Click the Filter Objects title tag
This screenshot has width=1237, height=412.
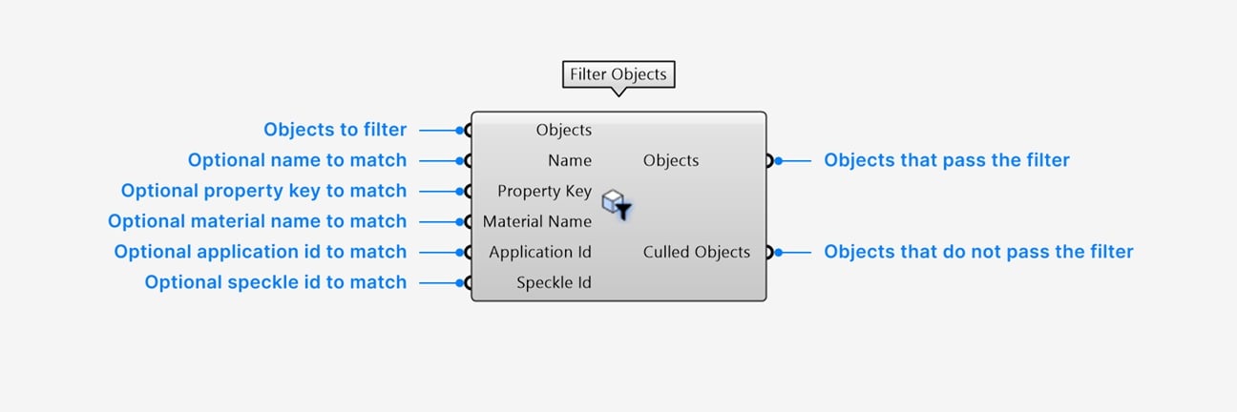click(618, 74)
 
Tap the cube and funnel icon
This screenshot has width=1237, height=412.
click(617, 204)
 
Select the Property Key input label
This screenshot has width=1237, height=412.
click(544, 192)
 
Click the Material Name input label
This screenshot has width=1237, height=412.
click(536, 221)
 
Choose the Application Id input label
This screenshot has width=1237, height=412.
click(539, 253)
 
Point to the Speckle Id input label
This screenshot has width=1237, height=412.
click(554, 283)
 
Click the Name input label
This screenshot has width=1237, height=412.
click(570, 160)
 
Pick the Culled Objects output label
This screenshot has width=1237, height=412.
click(697, 252)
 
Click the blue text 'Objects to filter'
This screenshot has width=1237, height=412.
click(335, 130)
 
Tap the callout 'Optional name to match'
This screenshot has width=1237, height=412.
click(297, 160)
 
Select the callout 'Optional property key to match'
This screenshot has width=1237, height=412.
click(263, 191)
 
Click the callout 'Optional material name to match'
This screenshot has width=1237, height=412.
click(257, 221)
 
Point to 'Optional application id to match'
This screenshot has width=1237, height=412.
click(261, 252)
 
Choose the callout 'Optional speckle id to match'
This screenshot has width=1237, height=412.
click(276, 282)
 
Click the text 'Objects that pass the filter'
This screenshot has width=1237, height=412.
click(947, 160)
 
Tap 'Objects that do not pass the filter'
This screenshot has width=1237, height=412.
click(978, 252)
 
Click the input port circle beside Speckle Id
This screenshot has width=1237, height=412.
click(468, 283)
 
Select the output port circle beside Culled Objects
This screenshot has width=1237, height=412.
click(769, 253)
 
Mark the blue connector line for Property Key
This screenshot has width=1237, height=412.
click(441, 192)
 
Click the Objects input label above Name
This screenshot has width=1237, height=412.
click(564, 130)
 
